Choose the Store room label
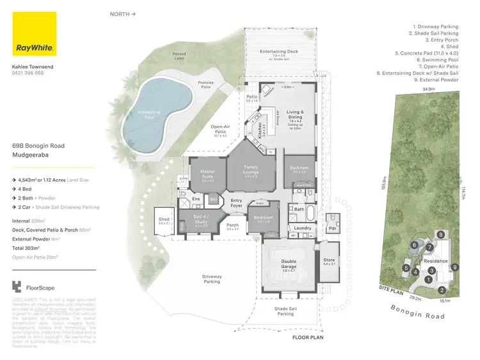click(330, 260)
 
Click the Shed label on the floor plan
click(164, 221)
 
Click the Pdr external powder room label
click(332, 228)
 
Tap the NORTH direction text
click(122, 13)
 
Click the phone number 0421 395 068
click(28, 73)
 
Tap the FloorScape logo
click(35, 287)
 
